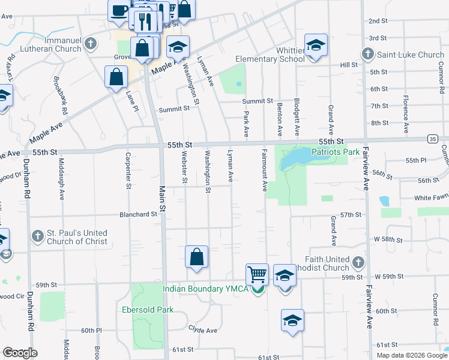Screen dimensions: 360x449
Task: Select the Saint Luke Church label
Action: [x=411, y=55]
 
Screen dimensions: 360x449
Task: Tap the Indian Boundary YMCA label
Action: [x=206, y=289]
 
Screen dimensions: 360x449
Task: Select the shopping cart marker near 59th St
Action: [x=258, y=274]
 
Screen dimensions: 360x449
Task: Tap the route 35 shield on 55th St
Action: [x=433, y=139]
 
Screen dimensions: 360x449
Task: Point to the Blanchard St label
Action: [x=138, y=214]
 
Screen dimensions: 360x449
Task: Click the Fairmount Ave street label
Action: [x=264, y=171]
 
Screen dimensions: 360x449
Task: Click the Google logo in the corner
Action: [x=20, y=353]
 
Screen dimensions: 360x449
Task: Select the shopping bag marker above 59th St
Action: [x=196, y=257]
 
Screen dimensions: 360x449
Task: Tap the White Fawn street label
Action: [x=431, y=198]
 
